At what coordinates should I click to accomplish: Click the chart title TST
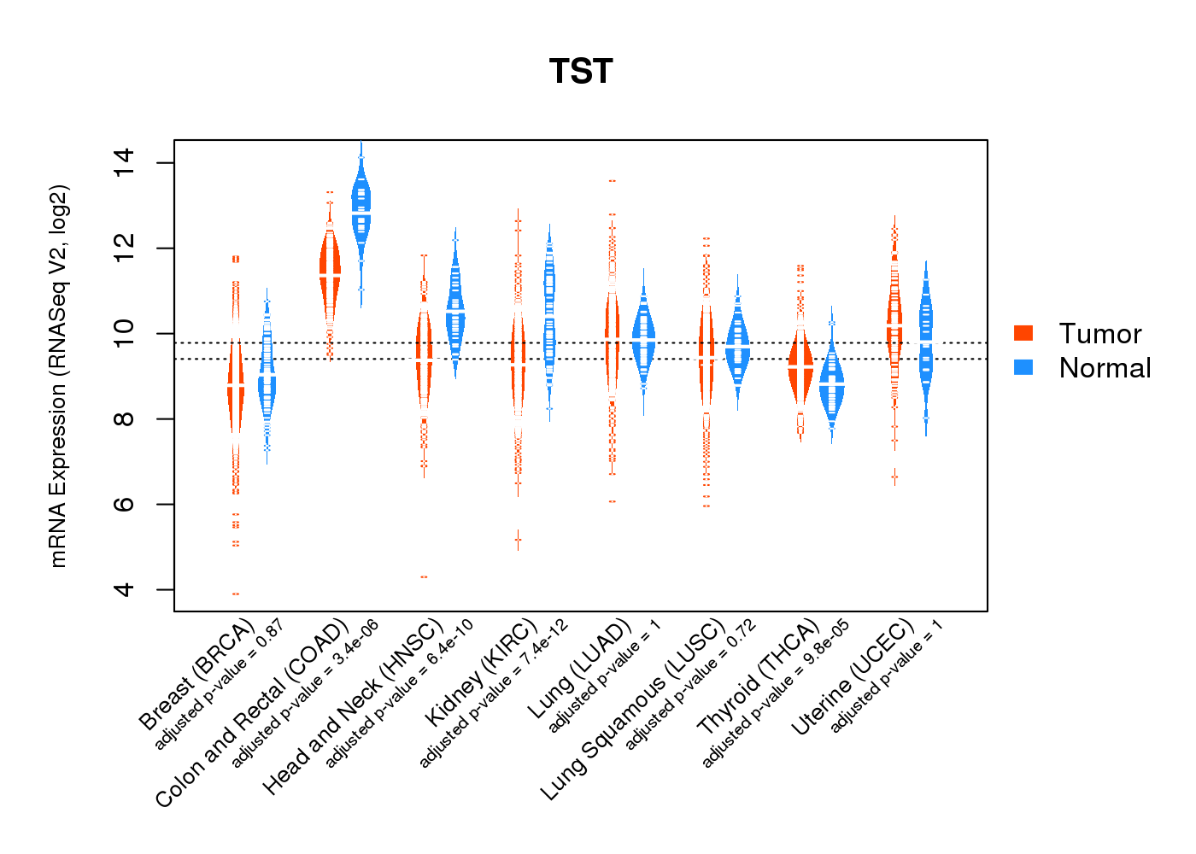coord(581,72)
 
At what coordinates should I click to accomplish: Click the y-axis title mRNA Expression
coord(58,376)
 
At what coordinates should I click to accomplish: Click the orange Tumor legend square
coord(1023,333)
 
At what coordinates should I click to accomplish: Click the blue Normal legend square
coord(1023,367)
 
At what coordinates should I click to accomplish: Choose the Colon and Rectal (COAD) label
coord(252,713)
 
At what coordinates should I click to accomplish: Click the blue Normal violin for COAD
coord(361,205)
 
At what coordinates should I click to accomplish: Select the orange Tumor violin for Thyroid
coord(800,367)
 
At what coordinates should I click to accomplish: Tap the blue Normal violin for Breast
coord(267,376)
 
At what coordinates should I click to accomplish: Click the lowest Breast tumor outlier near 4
coord(236,594)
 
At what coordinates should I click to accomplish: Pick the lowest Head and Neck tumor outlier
coord(424,577)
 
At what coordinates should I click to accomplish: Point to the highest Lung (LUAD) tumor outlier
coord(612,181)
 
